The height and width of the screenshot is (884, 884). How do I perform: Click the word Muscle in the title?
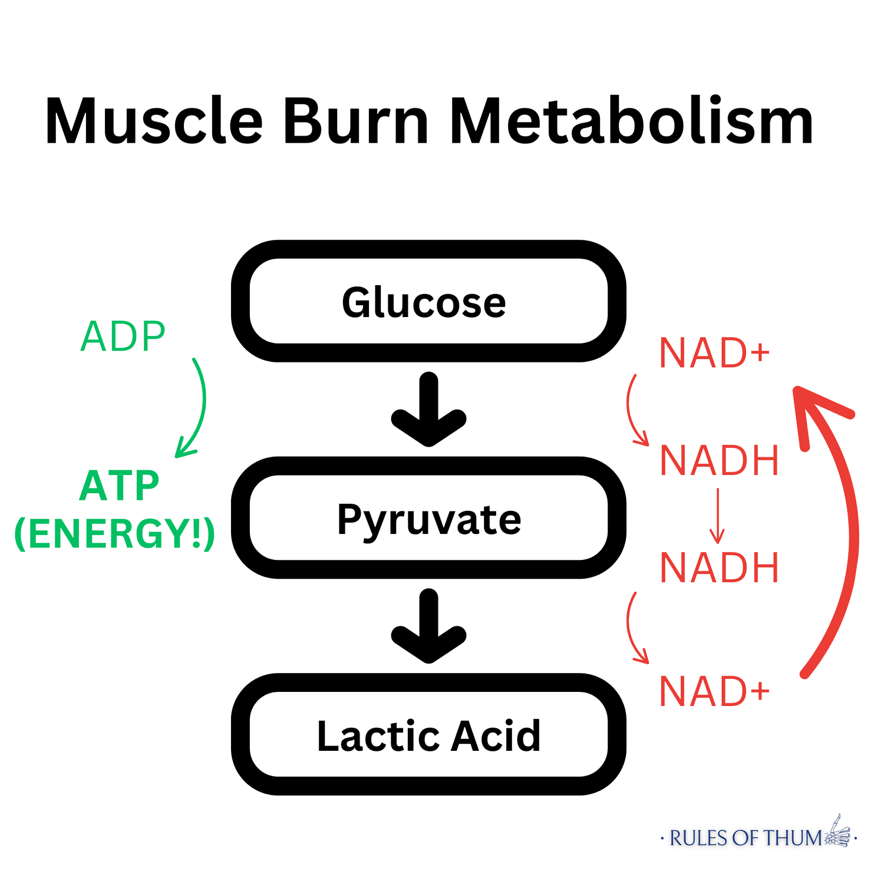(153, 121)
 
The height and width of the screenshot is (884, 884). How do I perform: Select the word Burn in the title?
(356, 121)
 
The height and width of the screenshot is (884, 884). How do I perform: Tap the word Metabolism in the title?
(632, 121)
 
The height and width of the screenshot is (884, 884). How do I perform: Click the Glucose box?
(428, 302)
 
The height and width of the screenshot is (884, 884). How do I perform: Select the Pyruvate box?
(428, 519)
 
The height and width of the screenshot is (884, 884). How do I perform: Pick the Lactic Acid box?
(428, 735)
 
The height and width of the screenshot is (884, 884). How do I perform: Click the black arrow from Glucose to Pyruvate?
(428, 410)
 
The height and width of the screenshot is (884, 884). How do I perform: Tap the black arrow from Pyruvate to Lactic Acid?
(428, 626)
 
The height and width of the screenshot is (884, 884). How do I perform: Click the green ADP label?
(123, 337)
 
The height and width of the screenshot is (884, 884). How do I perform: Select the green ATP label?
(119, 486)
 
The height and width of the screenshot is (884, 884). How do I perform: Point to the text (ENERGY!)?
(114, 534)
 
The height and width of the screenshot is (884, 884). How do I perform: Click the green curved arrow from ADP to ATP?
(200, 407)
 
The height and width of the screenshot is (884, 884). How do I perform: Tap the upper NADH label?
(720, 460)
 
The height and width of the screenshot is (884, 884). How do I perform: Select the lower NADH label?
(720, 568)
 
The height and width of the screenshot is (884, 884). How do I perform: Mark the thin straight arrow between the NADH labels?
(717, 516)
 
